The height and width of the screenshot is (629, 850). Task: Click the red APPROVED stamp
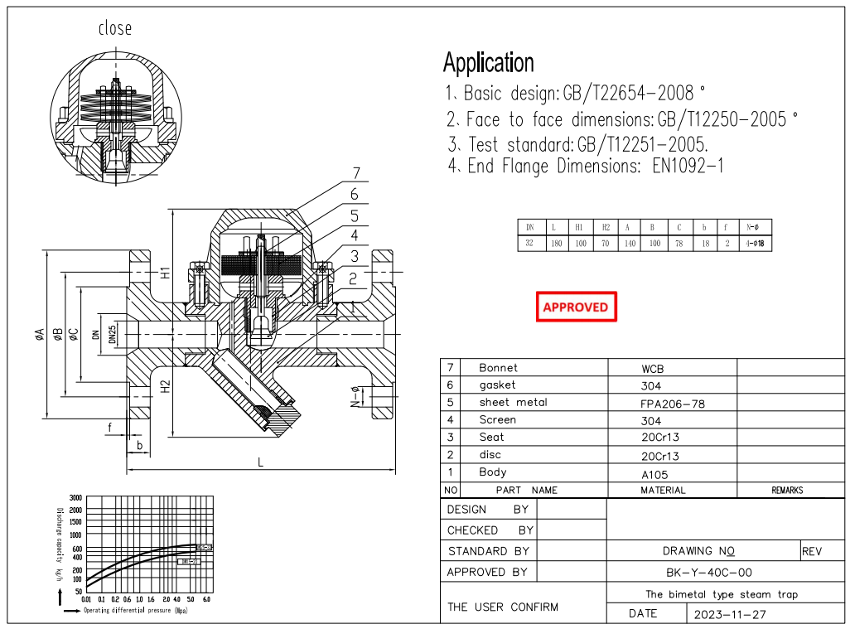pos(575,307)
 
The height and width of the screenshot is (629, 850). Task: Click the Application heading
pos(488,63)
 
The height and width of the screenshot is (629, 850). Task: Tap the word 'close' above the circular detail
pos(115,28)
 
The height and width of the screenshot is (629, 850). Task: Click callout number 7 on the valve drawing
pos(355,174)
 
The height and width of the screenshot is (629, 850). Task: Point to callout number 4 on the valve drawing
pos(354,236)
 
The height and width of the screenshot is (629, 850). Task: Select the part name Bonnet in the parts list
pos(498,367)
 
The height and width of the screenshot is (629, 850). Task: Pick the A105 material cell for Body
pos(654,475)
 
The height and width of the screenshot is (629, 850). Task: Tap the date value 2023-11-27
pos(725,614)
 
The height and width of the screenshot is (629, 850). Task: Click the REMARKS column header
pos(787,491)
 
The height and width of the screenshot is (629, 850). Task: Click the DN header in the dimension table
pos(529,226)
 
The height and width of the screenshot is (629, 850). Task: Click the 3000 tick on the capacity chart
pos(75,497)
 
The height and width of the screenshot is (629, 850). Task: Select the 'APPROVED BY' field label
pos(486,572)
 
